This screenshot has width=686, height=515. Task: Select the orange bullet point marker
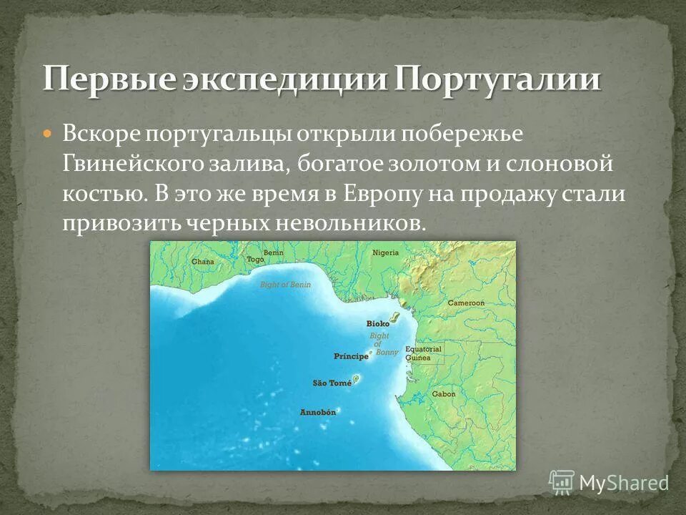click(x=48, y=134)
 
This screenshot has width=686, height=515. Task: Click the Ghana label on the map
click(x=202, y=262)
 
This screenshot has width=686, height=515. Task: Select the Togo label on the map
click(x=254, y=260)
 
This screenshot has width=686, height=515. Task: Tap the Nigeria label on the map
click(x=385, y=252)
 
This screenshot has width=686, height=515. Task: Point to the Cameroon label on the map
click(x=466, y=303)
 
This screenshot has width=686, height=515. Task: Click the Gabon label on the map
click(x=443, y=394)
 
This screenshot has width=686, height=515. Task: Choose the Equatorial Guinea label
click(x=423, y=353)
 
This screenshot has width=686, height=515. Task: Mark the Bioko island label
click(x=377, y=323)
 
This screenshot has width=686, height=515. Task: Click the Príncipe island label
click(x=350, y=355)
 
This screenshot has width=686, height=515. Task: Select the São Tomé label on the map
click(x=332, y=383)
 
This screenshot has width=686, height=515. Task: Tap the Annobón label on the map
click(x=317, y=413)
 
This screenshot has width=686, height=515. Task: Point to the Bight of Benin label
click(x=284, y=285)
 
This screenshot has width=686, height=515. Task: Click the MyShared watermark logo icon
click(x=562, y=482)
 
